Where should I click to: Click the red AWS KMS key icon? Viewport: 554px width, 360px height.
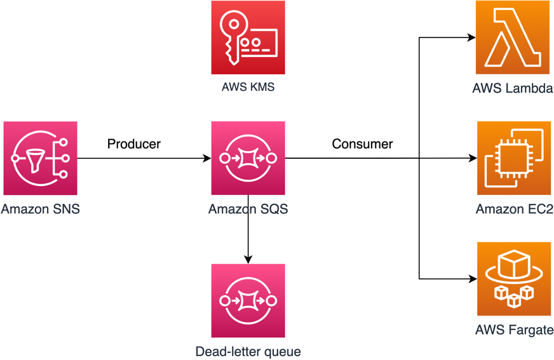tap(248, 37)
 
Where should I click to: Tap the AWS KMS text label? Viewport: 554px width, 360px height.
tap(248, 87)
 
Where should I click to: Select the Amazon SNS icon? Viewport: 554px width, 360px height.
tap(40, 158)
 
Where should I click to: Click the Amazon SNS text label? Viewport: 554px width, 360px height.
tap(40, 209)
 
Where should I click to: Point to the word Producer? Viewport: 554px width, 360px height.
tap(133, 144)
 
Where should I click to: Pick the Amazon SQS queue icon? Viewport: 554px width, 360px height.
tap(248, 158)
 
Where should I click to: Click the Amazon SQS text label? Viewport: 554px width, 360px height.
tap(248, 209)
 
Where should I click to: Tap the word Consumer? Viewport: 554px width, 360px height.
tap(362, 144)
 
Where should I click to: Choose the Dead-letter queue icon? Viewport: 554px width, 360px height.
tap(248, 300)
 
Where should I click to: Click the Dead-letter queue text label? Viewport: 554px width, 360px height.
tap(248, 351)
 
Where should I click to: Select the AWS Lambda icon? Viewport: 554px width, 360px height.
tap(513, 37)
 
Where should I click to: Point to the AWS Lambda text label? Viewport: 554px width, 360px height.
tap(513, 88)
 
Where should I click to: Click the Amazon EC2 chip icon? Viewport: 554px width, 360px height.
tap(513, 158)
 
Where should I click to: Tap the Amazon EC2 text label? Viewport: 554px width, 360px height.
tap(513, 209)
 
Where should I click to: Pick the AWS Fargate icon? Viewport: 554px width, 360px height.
tap(513, 279)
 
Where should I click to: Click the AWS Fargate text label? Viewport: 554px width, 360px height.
tap(513, 330)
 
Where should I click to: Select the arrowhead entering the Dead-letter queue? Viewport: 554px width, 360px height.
tap(248, 259)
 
